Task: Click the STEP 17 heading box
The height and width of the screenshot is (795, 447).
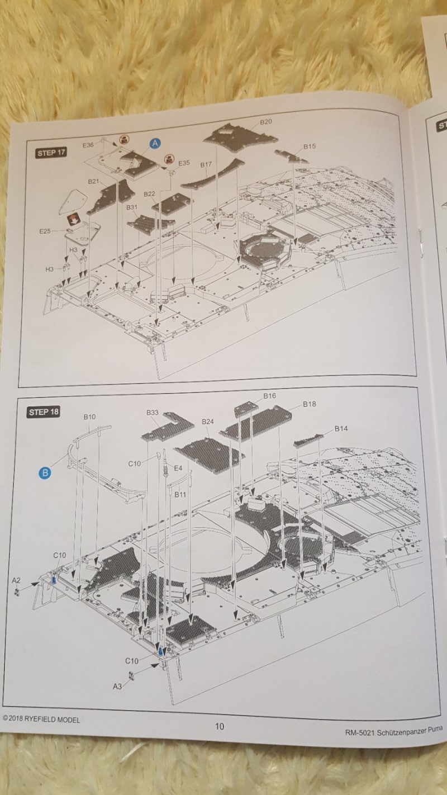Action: (51, 153)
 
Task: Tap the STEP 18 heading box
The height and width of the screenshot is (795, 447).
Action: (43, 411)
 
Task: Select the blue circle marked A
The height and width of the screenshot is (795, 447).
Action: (155, 143)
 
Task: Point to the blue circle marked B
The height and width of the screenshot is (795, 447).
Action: (45, 473)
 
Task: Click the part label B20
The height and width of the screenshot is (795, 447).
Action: (266, 122)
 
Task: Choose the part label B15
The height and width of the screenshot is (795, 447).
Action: (310, 146)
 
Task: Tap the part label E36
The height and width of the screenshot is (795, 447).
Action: (88, 145)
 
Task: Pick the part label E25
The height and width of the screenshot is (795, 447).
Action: (45, 231)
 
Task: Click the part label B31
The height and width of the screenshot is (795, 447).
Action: (132, 207)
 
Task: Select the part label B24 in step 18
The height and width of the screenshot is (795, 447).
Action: (207, 422)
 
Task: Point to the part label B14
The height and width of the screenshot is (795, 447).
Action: (341, 428)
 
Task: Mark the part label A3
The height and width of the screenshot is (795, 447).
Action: (117, 687)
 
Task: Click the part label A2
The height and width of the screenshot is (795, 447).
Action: (16, 580)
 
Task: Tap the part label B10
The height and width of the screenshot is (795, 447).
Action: (89, 417)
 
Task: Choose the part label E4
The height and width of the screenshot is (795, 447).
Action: (178, 468)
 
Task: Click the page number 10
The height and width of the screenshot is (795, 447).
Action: (220, 726)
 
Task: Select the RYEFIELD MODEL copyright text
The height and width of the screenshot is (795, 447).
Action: (41, 719)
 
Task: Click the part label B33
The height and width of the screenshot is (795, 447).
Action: (153, 413)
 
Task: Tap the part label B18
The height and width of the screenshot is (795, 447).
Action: (310, 404)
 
